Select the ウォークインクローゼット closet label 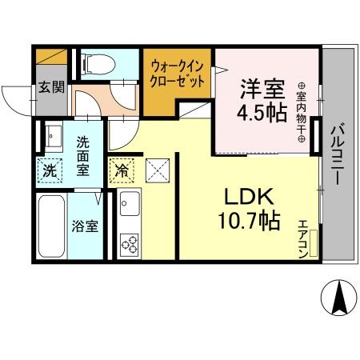(x=178, y=73)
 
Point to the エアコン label (x=303, y=238)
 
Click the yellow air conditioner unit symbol (x=314, y=242)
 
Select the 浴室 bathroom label (x=86, y=226)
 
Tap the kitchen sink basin (x=129, y=206)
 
